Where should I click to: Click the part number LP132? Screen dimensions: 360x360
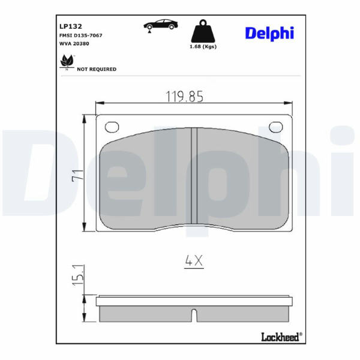click(70, 26)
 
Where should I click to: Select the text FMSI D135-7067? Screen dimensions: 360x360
click(81, 35)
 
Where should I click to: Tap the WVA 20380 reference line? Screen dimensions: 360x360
click(74, 43)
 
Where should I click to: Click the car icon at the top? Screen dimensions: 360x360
click(161, 25)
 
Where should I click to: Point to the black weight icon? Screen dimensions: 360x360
click(203, 31)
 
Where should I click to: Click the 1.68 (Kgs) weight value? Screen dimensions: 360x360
click(203, 46)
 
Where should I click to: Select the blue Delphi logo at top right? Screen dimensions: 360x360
click(269, 34)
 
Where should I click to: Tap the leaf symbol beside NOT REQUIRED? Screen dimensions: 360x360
click(67, 61)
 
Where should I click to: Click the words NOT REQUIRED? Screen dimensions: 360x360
click(97, 69)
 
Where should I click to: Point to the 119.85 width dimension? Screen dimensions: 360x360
click(184, 97)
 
